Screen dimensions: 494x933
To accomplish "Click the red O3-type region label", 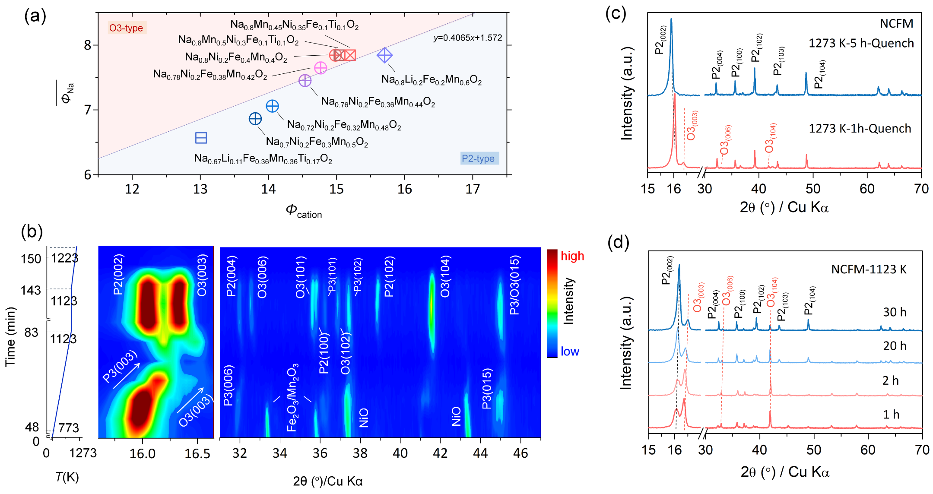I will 126,28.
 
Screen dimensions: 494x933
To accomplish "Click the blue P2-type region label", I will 478,158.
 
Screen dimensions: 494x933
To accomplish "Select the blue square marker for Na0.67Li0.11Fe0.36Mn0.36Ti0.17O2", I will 201,138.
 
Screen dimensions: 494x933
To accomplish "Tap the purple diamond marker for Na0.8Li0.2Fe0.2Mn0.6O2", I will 384,55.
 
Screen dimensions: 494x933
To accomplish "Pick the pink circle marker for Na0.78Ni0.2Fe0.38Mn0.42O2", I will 321,68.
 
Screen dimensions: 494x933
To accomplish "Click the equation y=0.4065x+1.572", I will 468,38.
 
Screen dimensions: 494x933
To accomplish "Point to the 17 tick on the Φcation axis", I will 473,189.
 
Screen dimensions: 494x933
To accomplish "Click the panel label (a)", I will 35,16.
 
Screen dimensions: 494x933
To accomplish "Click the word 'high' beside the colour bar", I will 572,256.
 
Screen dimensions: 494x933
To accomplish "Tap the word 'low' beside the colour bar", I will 570,351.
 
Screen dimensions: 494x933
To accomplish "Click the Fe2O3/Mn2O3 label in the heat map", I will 292,398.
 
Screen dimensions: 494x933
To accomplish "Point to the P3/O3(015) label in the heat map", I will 514,285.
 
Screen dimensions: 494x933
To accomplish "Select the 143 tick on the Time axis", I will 31,290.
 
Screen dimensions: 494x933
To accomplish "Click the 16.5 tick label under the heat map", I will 197,453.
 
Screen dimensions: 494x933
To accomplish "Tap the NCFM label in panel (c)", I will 896,23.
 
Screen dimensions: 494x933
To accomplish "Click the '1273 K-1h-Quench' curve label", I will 860,129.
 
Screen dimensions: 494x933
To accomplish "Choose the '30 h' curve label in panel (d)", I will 895,312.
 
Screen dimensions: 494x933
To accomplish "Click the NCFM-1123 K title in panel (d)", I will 869,269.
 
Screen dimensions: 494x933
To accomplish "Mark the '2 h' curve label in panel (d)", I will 890,380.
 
